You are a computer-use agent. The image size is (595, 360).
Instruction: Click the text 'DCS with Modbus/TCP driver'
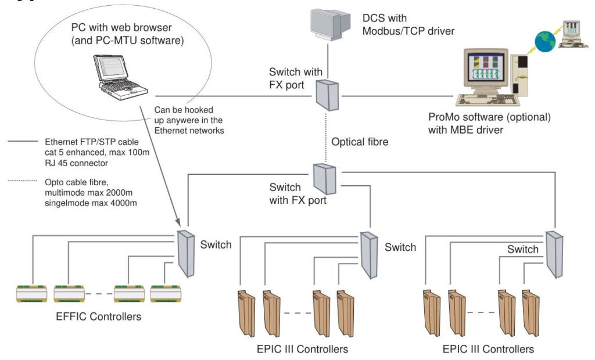click(x=400, y=25)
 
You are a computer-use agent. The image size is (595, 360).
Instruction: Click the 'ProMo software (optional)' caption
click(x=488, y=117)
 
